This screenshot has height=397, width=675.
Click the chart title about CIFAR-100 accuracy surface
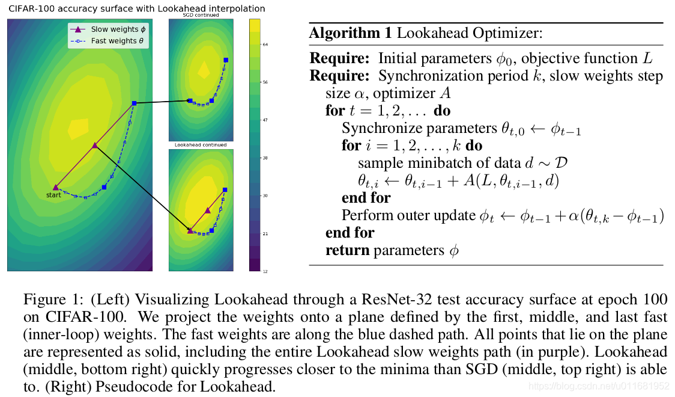[x=137, y=9]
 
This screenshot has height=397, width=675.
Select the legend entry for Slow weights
[x=118, y=29]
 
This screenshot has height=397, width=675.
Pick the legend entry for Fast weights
[x=118, y=41]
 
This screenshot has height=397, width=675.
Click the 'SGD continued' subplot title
[x=200, y=15]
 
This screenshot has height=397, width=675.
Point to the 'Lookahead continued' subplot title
[x=200, y=145]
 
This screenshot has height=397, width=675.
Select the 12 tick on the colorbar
[x=265, y=271]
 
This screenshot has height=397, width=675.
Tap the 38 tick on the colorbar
[x=265, y=158]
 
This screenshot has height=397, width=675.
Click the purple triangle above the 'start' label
[x=55, y=187]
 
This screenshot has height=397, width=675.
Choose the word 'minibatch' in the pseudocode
[x=422, y=163]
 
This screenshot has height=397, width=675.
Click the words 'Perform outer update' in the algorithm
[x=401, y=215]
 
